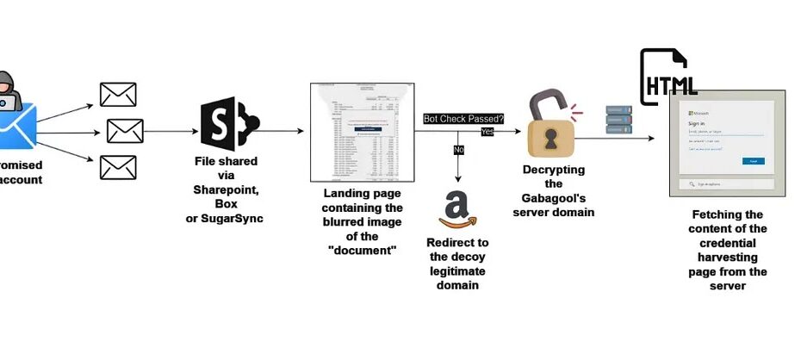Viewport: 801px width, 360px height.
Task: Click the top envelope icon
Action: point(118,94)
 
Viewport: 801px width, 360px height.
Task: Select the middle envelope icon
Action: point(125,131)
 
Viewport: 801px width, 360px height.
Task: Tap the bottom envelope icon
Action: point(118,166)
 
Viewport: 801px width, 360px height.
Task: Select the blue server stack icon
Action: point(619,121)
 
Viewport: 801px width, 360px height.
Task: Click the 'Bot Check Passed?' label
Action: point(463,119)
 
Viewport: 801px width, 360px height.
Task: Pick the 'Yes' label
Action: point(487,132)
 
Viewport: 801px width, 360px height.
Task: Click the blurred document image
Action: point(362,133)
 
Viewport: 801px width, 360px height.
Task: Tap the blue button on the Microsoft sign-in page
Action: point(753,161)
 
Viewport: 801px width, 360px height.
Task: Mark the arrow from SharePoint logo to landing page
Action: point(281,131)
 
